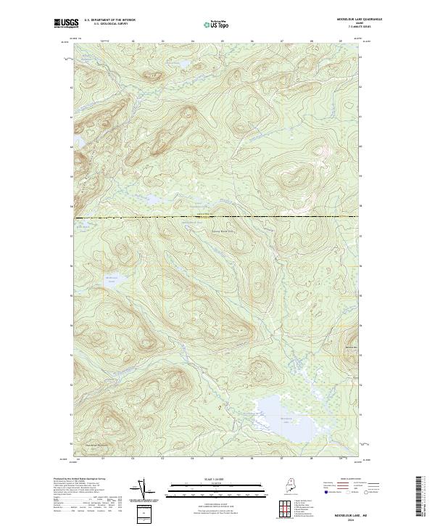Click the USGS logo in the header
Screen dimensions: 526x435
coord(65,23)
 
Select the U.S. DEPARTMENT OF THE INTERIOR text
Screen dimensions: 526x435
coord(109,20)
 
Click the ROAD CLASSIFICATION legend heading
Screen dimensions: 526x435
coord(345,480)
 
